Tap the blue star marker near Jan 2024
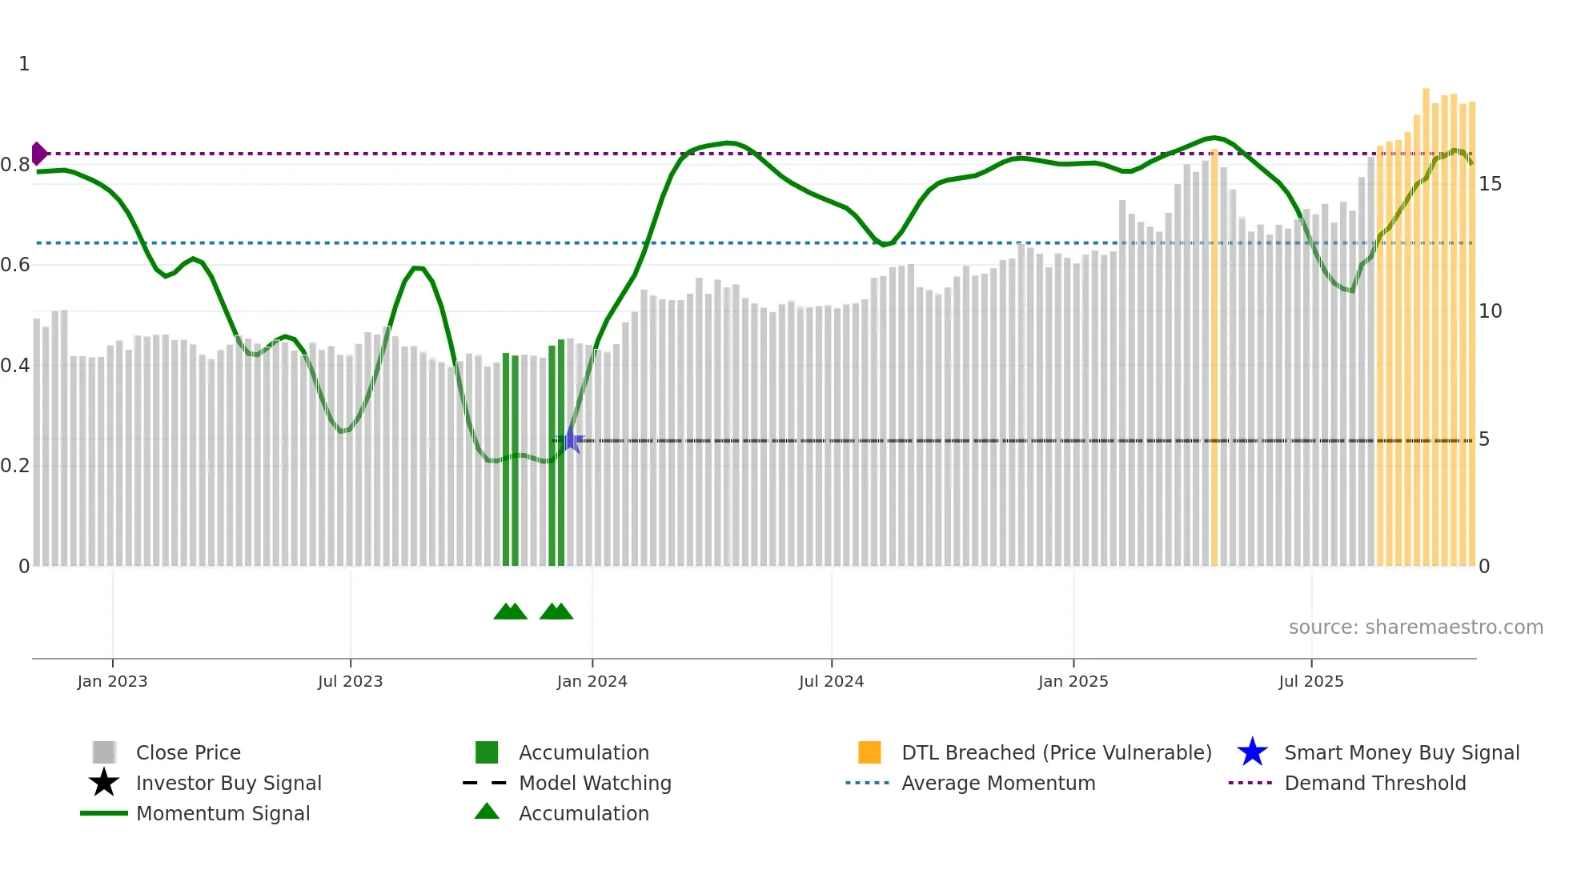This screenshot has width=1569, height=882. tap(571, 439)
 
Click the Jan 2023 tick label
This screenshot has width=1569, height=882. tap(112, 681)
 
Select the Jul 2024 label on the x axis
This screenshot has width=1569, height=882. tap(831, 681)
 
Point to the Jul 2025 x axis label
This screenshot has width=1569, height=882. tap(1310, 681)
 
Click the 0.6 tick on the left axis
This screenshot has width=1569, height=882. tap(15, 265)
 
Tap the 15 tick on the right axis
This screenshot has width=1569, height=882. tap(1490, 184)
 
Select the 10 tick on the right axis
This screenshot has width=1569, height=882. tap(1490, 311)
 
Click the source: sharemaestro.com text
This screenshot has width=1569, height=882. tap(1415, 627)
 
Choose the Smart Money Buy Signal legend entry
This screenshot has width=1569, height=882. tap(1401, 752)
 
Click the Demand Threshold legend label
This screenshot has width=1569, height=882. tap(1374, 783)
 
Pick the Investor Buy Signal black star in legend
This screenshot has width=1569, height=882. tap(104, 783)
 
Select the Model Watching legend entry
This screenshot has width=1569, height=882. tap(594, 783)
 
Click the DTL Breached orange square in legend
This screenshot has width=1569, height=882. tap(869, 752)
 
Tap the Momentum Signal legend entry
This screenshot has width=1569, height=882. tap(223, 813)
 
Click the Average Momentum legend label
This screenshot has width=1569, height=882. tap(997, 783)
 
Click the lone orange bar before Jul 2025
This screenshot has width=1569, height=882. tap(1214, 360)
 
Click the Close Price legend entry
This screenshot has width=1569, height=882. tap(187, 752)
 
